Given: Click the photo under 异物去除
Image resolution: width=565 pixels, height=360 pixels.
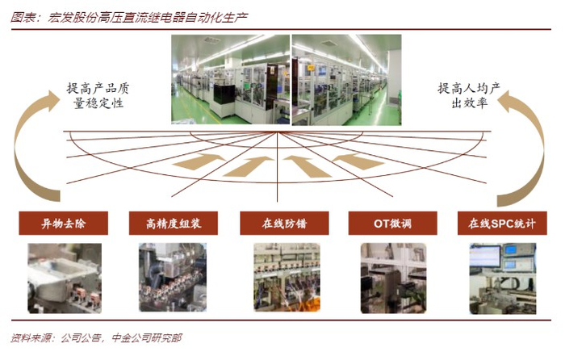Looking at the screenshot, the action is point(63,278).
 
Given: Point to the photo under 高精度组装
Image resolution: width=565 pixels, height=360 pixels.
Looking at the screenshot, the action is point(173,278).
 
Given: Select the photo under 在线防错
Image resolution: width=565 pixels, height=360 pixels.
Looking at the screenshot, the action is point(283,278).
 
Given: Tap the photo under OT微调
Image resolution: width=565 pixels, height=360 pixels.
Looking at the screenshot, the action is point(392,278).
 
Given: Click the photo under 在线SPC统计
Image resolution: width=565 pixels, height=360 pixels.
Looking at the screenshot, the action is point(502,278).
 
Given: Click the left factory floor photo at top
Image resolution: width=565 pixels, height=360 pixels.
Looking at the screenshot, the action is point(230,79).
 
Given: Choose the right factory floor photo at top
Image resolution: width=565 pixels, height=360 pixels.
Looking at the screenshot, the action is point(346,79).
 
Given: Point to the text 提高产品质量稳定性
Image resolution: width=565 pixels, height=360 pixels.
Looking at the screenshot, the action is point(100,95).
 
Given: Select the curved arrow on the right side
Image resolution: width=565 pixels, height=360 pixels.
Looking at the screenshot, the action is point(523,145).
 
